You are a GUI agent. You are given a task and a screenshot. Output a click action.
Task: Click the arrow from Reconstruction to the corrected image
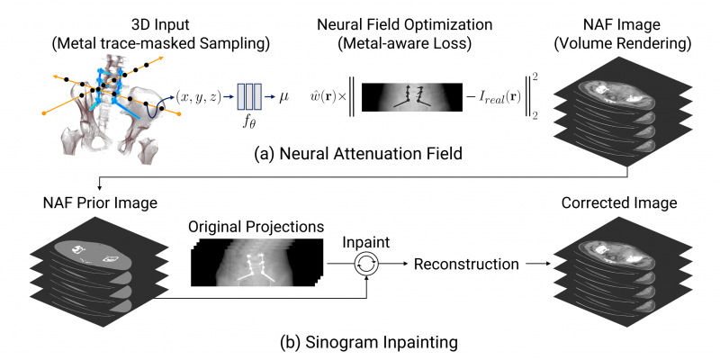tap(537, 265)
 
